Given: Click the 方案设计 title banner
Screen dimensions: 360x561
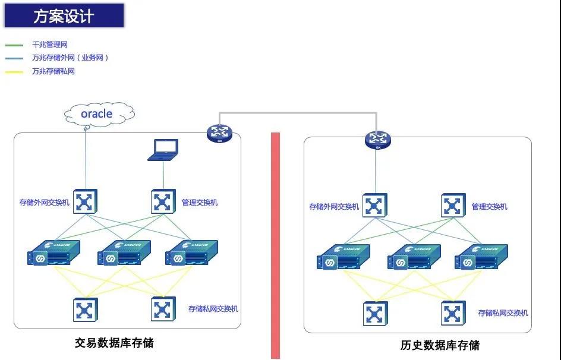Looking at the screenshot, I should pos(64,15).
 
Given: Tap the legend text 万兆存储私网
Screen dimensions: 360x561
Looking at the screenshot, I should pos(54,71).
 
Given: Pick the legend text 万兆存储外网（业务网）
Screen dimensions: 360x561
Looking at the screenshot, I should pos(70,58).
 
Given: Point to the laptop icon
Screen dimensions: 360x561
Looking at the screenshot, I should pos(163,150).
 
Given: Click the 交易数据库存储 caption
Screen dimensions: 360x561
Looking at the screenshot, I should pos(115,343).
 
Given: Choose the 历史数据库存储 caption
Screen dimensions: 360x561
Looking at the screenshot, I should pos(440,345).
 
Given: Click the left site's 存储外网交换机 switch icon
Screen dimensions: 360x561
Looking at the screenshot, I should pos(86,202).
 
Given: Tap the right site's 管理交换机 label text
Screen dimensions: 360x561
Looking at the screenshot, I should pos(489,207).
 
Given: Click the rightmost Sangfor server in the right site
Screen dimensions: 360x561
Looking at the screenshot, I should pos(480,257).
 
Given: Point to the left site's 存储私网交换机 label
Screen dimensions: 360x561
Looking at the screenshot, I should pos(213,309).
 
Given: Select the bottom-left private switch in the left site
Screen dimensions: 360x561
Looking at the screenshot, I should pos(86,310).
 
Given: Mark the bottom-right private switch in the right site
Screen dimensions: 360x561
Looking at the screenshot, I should pos(453,313).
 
